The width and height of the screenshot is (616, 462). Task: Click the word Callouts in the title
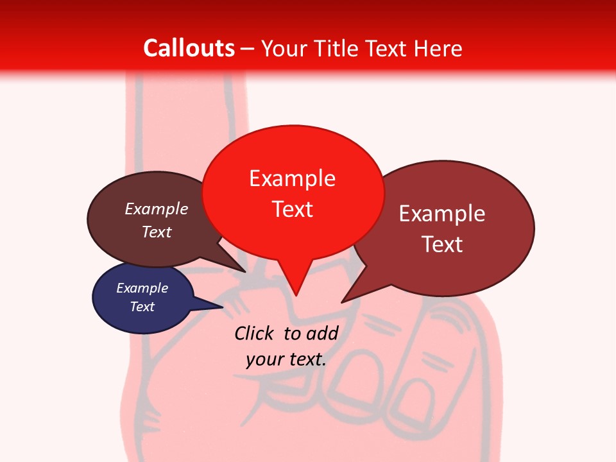189,48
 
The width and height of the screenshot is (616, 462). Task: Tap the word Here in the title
437,49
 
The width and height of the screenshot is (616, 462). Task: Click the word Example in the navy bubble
142,288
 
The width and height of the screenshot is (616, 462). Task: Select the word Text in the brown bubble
157,232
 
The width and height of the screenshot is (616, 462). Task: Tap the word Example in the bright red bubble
292,178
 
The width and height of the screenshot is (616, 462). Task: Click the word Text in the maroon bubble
442,244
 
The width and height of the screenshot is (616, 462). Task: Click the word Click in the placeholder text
255,333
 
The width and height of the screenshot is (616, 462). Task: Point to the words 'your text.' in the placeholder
286,359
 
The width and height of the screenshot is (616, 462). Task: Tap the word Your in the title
285,49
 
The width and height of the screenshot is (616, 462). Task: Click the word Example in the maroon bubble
442,214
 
